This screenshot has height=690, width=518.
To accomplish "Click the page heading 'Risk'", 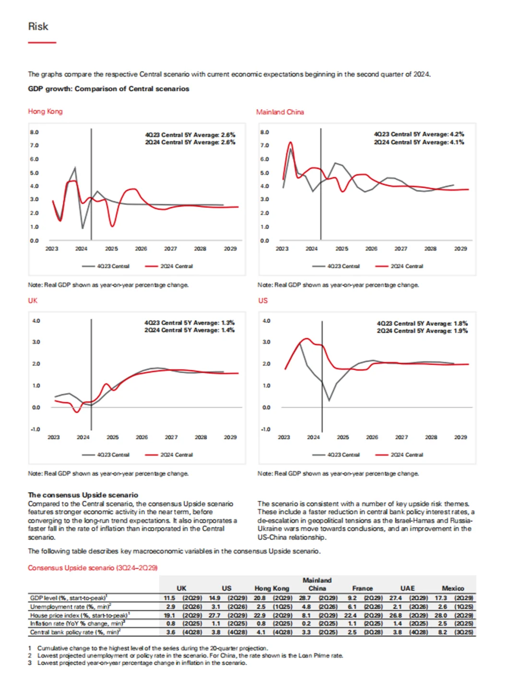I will point(38,27).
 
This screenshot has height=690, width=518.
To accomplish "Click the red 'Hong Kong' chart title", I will point(45,111).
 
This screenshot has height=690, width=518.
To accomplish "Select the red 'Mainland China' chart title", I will point(280,112).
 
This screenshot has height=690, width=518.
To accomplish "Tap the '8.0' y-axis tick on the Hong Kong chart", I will point(34,132).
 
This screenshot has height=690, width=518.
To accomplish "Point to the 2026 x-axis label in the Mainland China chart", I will point(371,249).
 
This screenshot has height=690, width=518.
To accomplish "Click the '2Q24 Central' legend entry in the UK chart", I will point(176,455).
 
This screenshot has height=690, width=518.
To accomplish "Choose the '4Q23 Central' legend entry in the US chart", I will point(343,455).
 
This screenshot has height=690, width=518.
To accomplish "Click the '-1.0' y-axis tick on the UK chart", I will point(35,429).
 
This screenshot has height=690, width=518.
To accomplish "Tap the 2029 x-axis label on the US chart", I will point(460,437).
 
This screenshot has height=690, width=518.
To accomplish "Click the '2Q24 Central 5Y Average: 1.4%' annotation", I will point(189,330).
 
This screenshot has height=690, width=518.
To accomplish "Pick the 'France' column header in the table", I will point(362,588).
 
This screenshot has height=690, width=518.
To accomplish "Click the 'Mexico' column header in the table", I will point(453,588).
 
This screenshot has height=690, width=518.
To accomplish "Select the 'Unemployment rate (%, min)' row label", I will point(70,607).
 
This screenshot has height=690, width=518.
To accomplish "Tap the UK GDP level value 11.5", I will point(169,598).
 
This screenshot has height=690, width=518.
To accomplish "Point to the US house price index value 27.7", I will point(214,615).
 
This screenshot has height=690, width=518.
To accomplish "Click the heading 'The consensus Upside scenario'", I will point(83,495).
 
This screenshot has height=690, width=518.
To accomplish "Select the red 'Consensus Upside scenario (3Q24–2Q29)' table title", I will point(93,568).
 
